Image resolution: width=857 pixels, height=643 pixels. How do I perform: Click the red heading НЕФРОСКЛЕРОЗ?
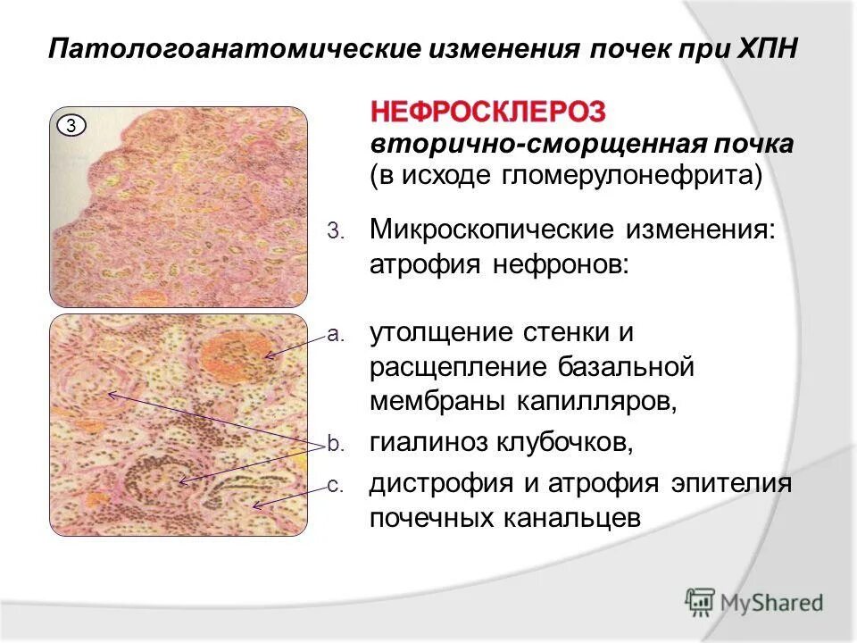488,112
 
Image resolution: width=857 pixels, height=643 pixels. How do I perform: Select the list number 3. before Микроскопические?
333,231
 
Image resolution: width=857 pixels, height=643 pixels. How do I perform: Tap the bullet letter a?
334,335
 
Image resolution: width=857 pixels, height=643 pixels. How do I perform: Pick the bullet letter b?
334,442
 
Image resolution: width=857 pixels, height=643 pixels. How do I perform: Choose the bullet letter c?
334,486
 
